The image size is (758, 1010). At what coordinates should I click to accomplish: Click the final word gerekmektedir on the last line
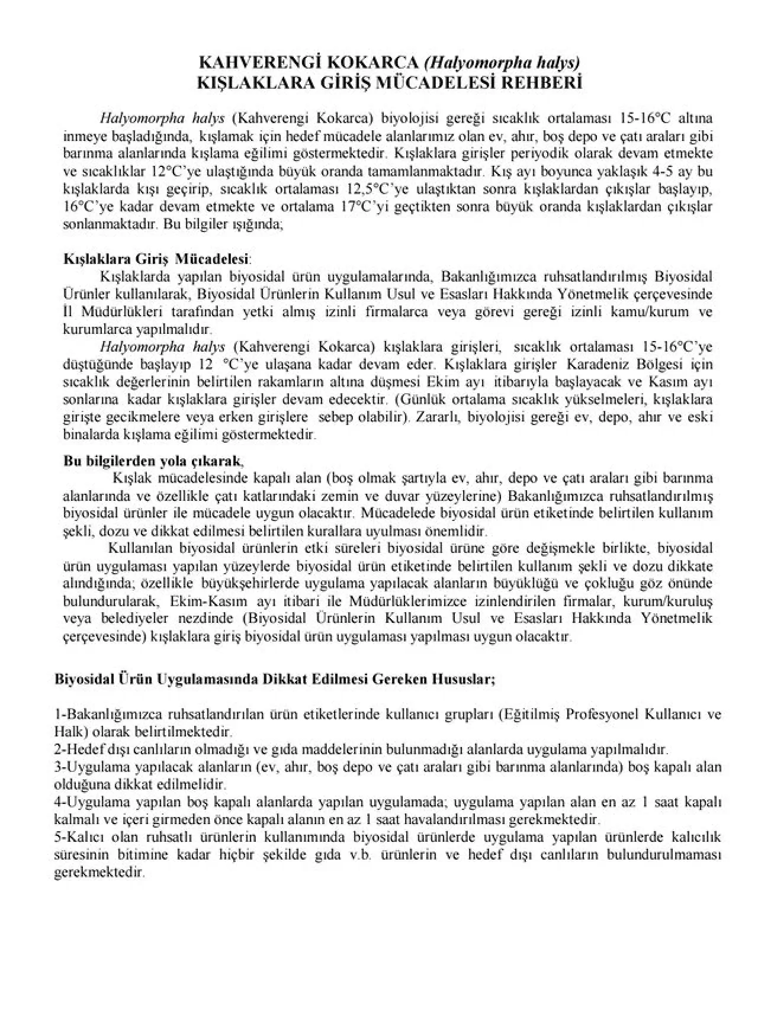[x=99, y=873]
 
